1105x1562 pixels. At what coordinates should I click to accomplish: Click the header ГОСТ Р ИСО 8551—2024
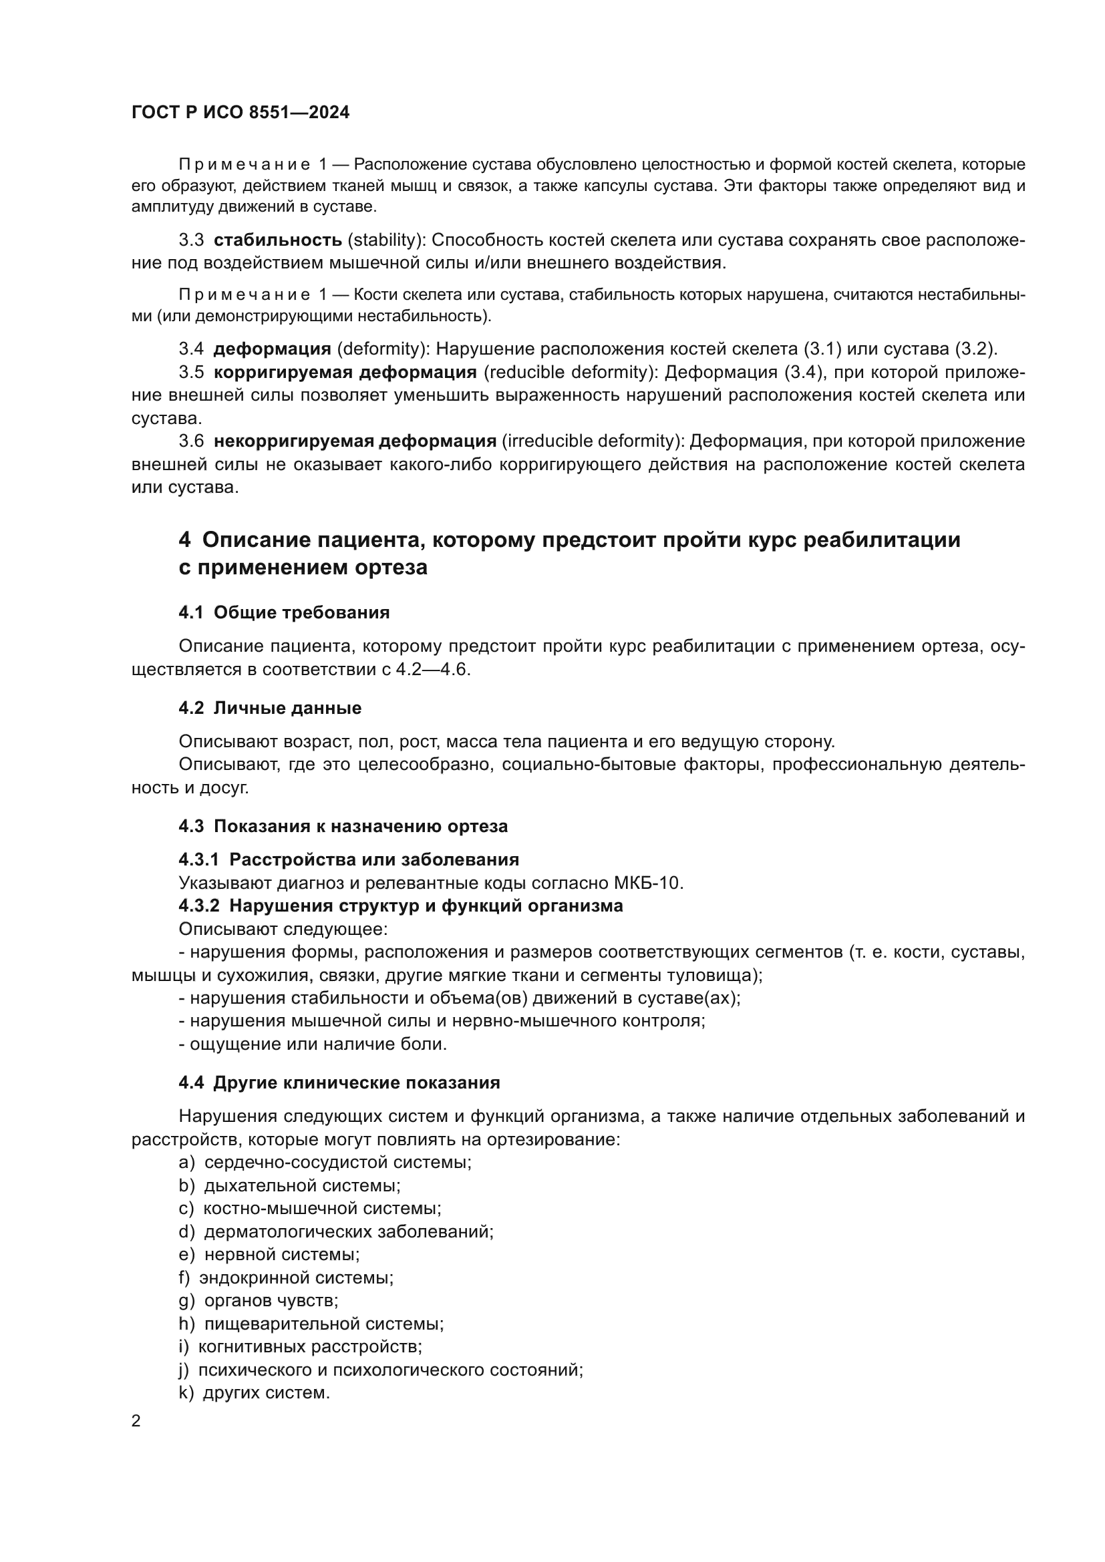tap(241, 113)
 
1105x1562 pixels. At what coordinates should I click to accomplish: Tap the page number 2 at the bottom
tap(136, 1420)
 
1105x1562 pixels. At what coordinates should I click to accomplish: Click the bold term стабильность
tap(278, 240)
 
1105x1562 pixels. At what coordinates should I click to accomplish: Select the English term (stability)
tap(385, 240)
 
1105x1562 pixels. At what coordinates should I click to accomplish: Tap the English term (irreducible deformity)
tap(593, 441)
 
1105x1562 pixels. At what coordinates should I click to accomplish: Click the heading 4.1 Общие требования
tap(284, 612)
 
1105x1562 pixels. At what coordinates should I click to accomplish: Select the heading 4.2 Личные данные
tap(269, 707)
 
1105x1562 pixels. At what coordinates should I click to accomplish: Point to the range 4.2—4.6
tap(433, 669)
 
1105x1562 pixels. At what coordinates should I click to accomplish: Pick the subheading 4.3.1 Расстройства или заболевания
tap(348, 859)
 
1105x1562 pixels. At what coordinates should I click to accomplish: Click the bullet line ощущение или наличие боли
tap(313, 1044)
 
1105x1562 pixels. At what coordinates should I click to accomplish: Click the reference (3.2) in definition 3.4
tap(975, 349)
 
